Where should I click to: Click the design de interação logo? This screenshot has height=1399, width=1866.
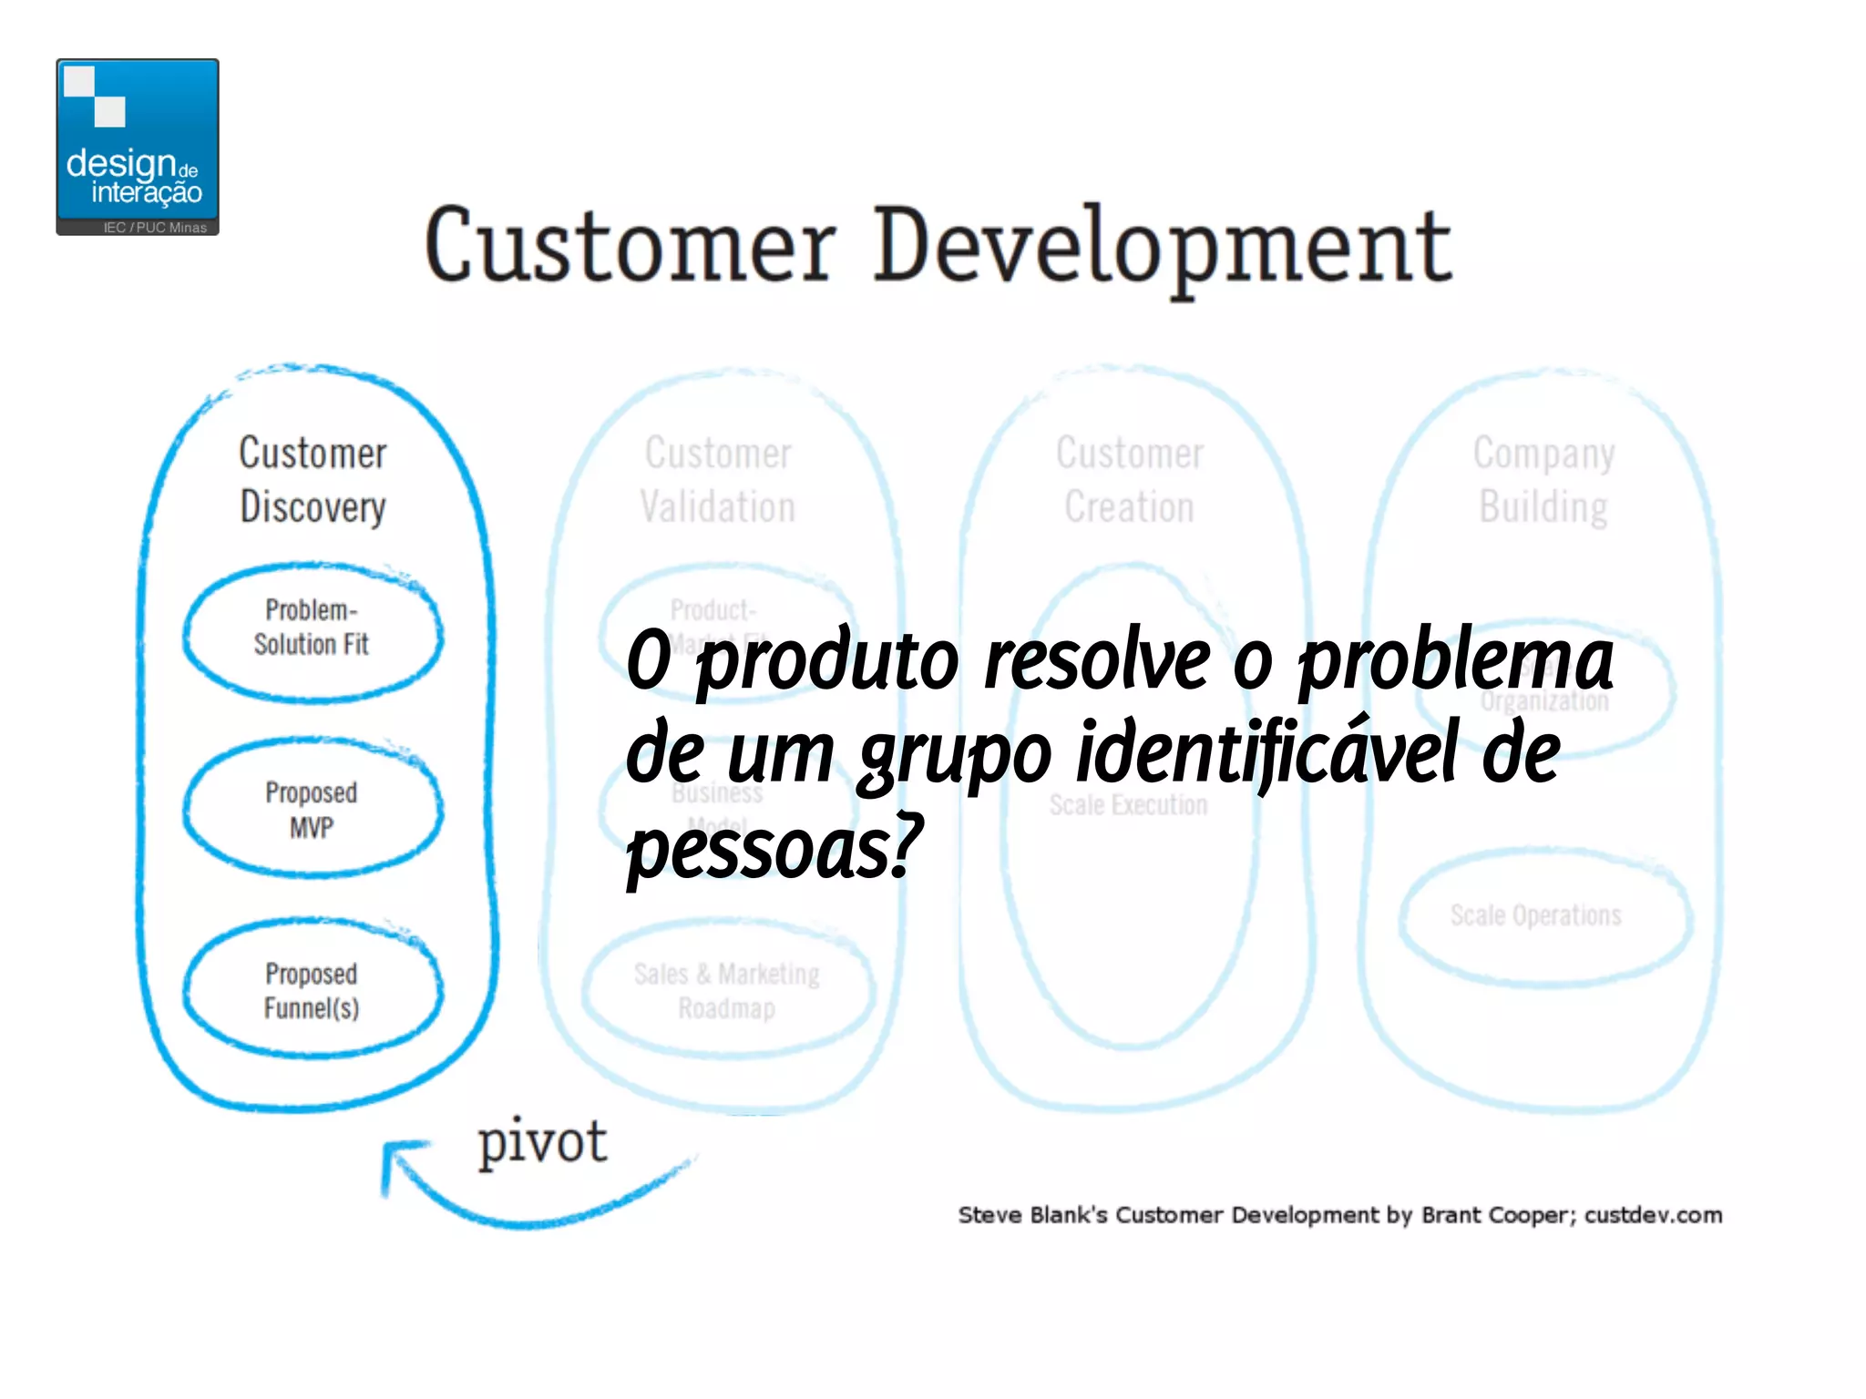coord(138,146)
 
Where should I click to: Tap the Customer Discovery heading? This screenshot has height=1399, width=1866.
coord(313,480)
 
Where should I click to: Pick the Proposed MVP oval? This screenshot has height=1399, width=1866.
coord(313,809)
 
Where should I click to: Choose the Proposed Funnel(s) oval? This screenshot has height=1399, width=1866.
coord(313,990)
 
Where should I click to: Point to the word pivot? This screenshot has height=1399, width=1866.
coord(542,1142)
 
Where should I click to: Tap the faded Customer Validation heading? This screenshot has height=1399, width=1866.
coord(718,480)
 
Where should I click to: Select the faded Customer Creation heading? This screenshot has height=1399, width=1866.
coord(1130,480)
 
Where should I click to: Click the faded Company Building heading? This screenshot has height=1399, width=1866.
coord(1543,480)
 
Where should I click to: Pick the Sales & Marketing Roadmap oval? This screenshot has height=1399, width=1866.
coord(727,990)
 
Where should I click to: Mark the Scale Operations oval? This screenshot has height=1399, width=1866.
coord(1536,915)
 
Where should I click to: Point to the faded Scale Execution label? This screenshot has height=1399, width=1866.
coord(1128,805)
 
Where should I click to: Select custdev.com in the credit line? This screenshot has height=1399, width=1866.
coord(1653,1215)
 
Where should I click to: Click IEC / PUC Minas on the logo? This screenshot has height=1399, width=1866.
coord(155,228)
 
